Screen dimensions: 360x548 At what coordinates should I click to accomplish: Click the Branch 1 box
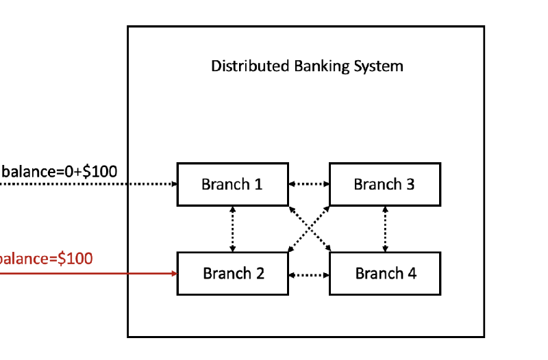(232, 184)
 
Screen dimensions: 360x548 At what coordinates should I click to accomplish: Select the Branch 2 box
(232, 274)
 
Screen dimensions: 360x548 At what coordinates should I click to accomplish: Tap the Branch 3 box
(384, 184)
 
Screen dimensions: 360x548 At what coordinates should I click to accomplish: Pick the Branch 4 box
(384, 274)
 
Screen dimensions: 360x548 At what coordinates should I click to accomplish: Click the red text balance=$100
(47, 259)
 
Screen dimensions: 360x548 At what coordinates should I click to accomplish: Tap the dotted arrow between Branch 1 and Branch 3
(308, 184)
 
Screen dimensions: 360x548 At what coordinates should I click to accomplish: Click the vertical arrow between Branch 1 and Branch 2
(232, 229)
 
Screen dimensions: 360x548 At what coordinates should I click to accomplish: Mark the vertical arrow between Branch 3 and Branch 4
(384, 229)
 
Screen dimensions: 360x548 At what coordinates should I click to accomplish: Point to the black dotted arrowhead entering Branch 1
(173, 184)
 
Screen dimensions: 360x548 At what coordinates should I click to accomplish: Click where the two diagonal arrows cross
(308, 229)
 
